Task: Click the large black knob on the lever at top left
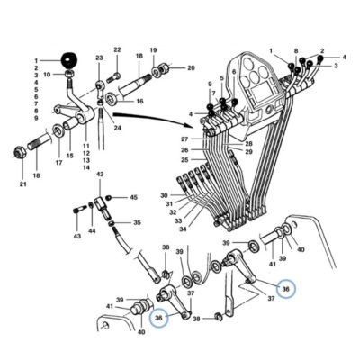68,60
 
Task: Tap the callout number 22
117,49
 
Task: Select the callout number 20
191,68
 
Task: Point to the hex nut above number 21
21,152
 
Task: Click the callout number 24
117,128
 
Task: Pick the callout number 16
139,101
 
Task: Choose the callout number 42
99,175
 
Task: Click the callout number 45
133,197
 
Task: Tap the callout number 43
77,237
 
